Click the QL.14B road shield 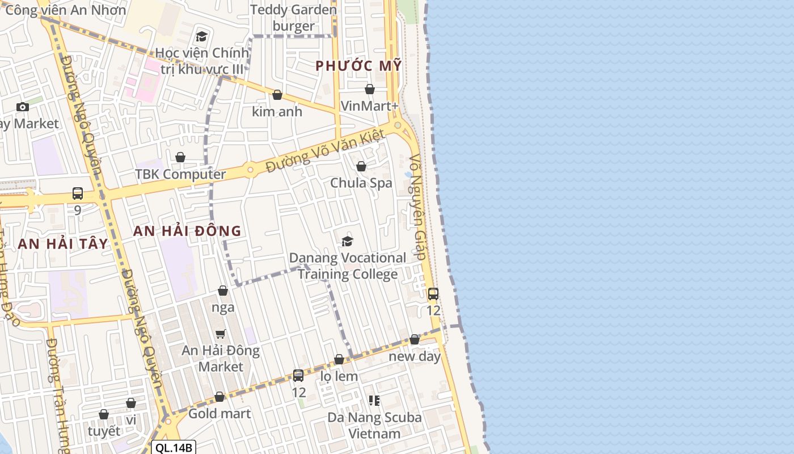click(x=175, y=448)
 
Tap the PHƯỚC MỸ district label click(x=358, y=66)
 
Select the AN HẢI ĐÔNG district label click(x=187, y=231)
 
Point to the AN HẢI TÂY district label click(x=62, y=244)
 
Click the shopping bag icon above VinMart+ click(x=370, y=89)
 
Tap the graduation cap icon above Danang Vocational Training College click(x=347, y=242)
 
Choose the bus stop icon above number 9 click(x=78, y=194)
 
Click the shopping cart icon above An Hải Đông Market click(x=221, y=334)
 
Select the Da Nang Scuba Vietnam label click(x=374, y=426)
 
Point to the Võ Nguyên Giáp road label click(x=417, y=207)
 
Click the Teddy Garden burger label click(x=293, y=18)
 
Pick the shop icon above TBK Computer click(x=180, y=157)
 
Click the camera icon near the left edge click(x=23, y=107)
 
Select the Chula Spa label click(x=361, y=183)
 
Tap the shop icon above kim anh click(x=277, y=95)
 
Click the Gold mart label click(x=219, y=413)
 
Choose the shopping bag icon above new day click(x=415, y=339)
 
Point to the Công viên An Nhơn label click(x=66, y=10)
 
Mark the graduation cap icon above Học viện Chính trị click(x=201, y=37)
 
